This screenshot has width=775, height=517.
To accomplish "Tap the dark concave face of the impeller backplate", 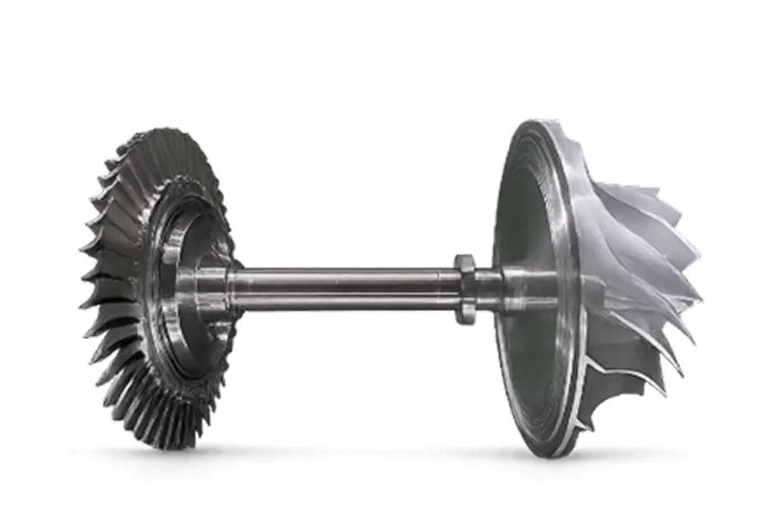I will (522, 227).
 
